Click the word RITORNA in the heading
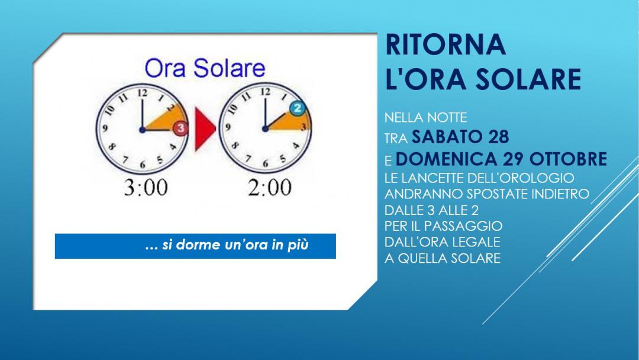446,44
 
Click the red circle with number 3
180,128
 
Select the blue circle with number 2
298,108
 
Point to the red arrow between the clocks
205,129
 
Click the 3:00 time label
146,188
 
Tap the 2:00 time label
270,188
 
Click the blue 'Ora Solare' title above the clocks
205,68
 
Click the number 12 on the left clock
142,93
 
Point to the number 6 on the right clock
265,164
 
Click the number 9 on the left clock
105,128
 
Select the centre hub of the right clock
265,129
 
